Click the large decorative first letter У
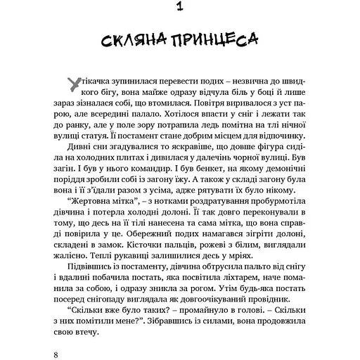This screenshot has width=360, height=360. [71, 84]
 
